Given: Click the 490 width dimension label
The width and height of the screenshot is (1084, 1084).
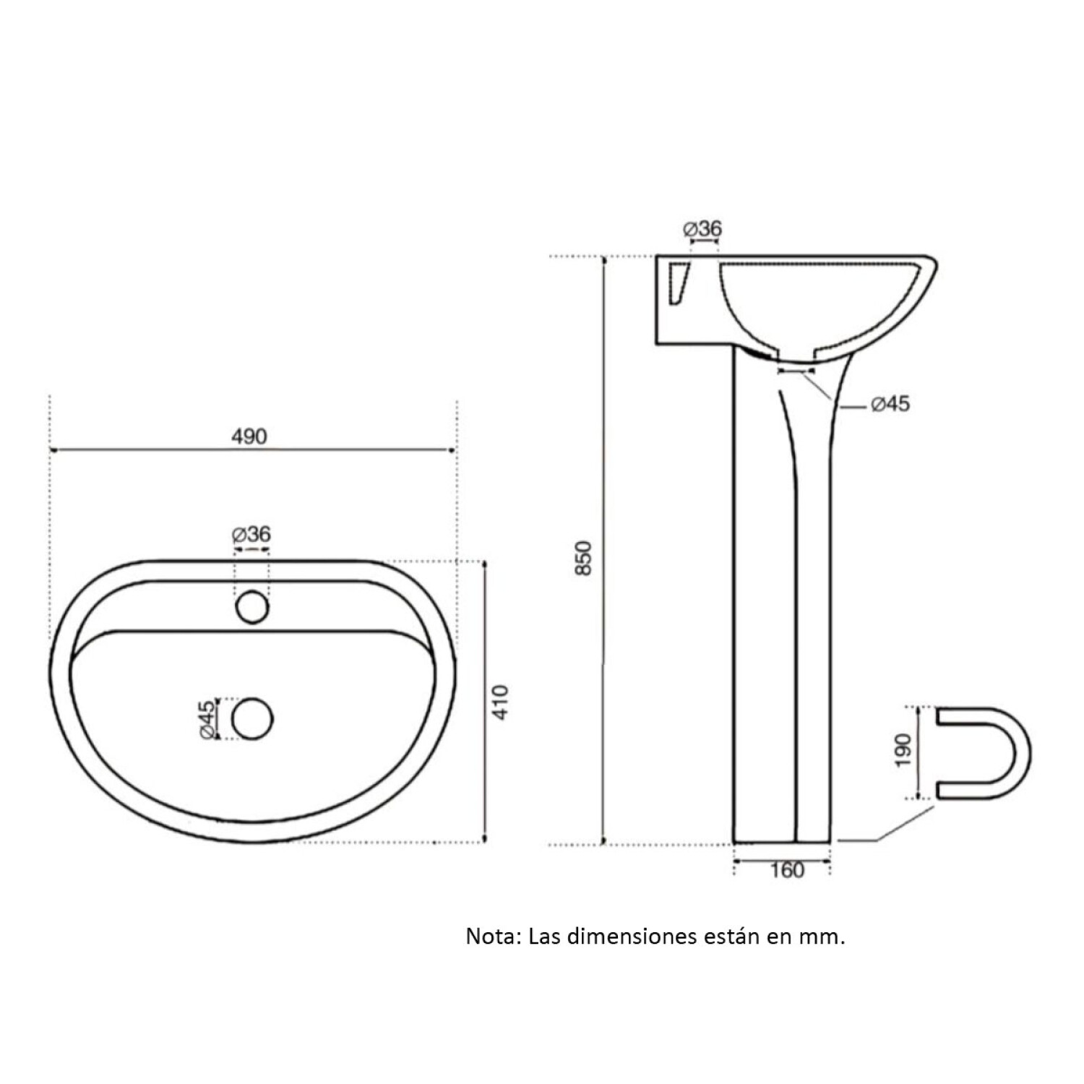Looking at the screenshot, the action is [249, 436].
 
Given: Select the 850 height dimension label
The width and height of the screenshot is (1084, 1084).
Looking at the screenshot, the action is [584, 558].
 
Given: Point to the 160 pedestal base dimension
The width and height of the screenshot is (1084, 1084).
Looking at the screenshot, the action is [787, 870].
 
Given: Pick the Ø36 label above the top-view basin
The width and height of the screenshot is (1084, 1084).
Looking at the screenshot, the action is [251, 535].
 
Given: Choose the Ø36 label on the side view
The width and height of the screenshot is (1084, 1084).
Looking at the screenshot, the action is [702, 229].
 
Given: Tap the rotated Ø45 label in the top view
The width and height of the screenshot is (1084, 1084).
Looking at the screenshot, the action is [207, 719].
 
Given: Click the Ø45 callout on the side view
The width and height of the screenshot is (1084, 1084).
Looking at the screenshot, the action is [890, 404].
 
